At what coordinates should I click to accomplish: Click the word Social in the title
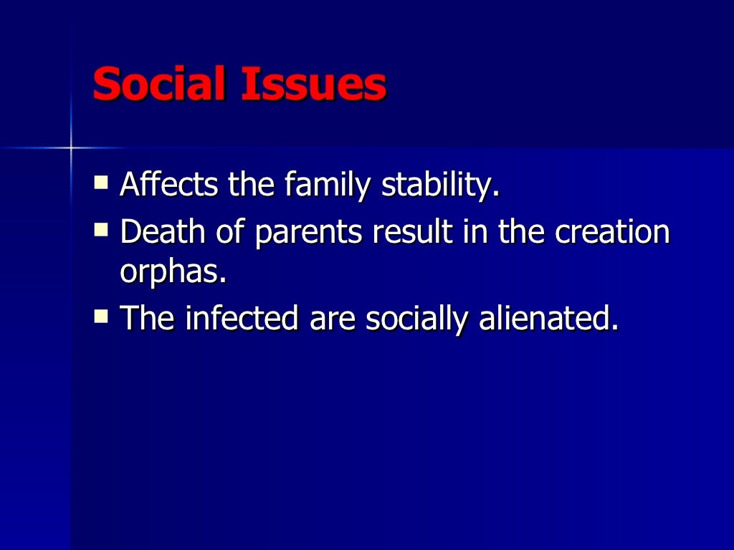(x=159, y=85)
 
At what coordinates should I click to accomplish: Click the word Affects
(x=170, y=185)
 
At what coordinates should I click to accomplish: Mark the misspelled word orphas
(x=172, y=272)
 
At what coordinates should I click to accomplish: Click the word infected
(x=241, y=317)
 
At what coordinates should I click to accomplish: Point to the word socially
(x=414, y=319)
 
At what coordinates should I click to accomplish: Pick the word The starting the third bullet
(x=147, y=317)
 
